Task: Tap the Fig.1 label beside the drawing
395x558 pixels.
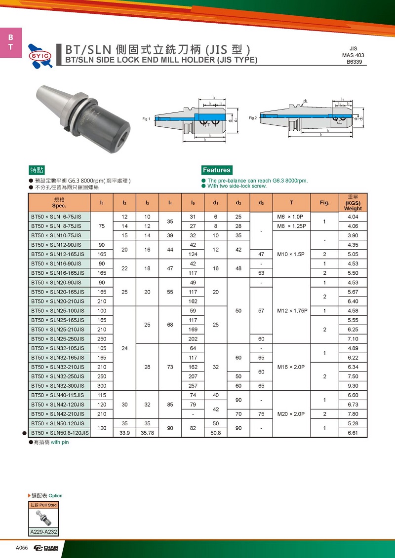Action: [146, 119]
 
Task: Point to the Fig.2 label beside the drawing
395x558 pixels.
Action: [252, 118]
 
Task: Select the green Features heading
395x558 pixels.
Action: [217, 170]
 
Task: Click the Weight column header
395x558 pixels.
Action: [353, 203]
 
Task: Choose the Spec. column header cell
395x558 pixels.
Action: [59, 203]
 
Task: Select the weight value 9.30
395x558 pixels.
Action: [353, 386]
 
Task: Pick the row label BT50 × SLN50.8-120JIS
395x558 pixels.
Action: [60, 433]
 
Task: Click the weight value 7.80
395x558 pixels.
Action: [353, 414]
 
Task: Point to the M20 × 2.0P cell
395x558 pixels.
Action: [291, 414]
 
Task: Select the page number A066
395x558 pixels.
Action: [22, 548]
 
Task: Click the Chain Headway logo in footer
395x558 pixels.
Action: [46, 548]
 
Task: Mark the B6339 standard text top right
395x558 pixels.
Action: [353, 62]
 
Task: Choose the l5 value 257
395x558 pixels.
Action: [193, 386]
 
